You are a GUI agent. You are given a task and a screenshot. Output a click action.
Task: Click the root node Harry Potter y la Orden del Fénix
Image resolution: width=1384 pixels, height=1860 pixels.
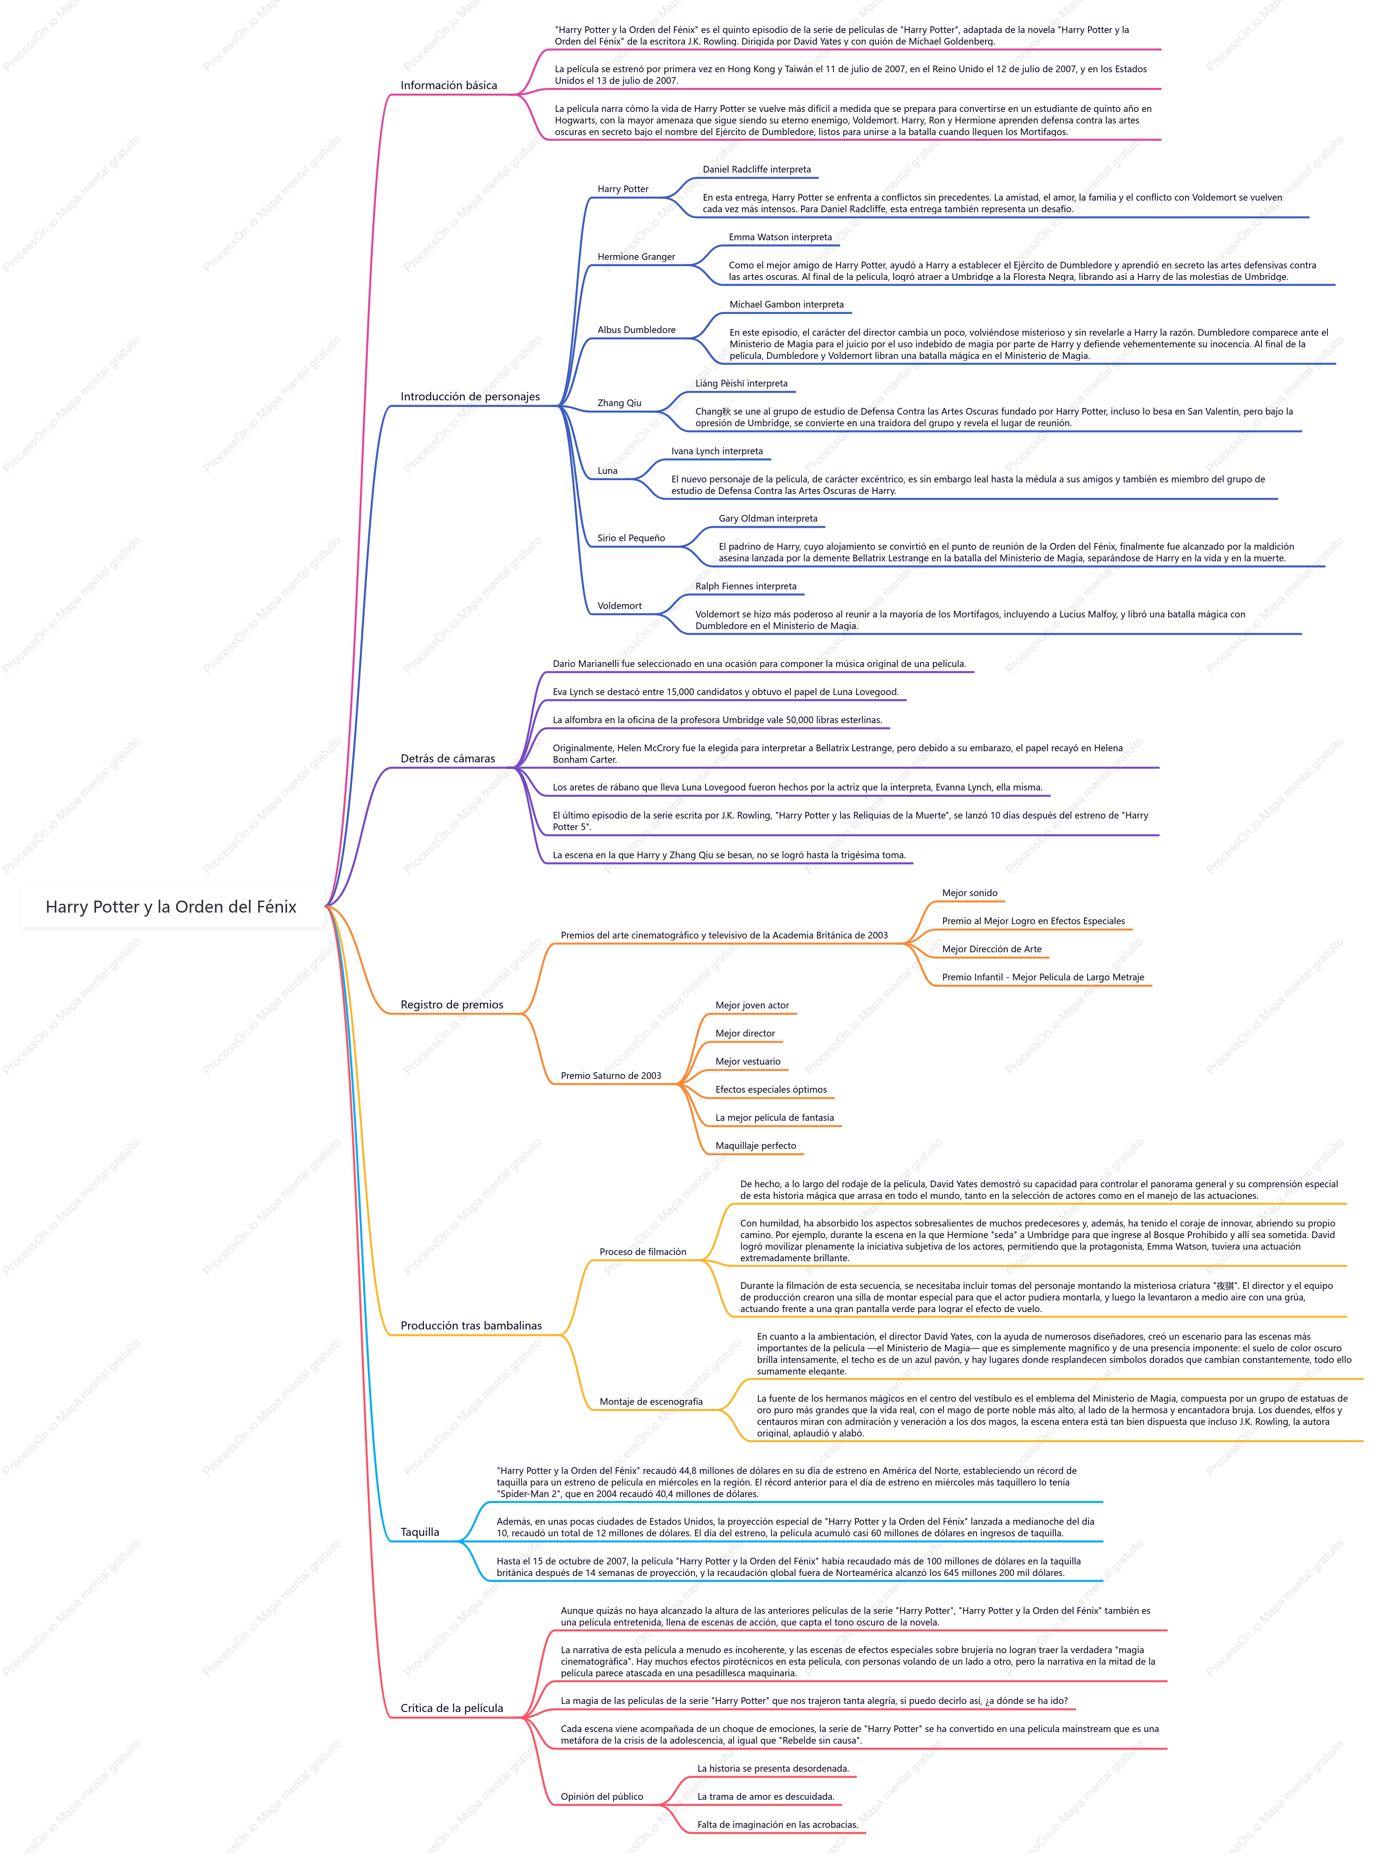point(171,906)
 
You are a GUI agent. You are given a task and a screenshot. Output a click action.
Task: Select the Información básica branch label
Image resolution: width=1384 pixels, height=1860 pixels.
point(448,86)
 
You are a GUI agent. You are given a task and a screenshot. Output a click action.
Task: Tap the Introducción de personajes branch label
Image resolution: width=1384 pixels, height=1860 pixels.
point(470,396)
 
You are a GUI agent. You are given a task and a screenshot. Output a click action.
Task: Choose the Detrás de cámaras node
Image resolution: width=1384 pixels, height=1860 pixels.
point(448,758)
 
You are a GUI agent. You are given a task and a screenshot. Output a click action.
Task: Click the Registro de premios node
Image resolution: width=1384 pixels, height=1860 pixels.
point(452,1004)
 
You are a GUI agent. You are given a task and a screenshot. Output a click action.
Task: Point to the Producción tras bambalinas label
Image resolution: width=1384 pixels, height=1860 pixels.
point(471,1325)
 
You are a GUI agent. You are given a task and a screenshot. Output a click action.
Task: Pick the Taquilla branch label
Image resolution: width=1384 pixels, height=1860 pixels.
point(420,1531)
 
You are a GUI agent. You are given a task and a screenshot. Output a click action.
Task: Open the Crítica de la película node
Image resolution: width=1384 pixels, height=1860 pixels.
point(452,1708)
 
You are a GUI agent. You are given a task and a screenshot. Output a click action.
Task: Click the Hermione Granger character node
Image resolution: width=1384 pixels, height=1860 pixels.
point(636,256)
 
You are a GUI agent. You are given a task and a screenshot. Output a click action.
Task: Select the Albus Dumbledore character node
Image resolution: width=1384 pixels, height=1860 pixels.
point(636,329)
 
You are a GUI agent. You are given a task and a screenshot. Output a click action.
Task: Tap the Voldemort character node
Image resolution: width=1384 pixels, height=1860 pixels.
point(619,606)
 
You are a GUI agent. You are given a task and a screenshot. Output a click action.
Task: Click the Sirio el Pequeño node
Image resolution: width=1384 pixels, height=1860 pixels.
point(631,538)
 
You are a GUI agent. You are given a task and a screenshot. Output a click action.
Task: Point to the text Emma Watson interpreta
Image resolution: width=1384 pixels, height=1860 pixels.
point(780,237)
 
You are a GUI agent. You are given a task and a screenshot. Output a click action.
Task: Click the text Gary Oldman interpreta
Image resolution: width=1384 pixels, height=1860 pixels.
point(768,518)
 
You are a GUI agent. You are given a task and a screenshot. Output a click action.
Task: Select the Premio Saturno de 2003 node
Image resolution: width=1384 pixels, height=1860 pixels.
point(611,1076)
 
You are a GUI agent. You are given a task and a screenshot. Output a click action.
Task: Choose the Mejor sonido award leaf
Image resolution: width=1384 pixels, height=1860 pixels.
point(969,893)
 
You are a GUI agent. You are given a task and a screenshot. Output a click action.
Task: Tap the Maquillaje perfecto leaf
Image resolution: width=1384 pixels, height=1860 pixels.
point(756,1145)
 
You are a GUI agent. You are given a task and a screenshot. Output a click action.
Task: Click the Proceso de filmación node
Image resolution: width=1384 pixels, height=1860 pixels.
point(643,1252)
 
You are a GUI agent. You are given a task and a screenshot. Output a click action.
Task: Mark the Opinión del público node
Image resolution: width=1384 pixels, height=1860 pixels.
point(602,1796)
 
